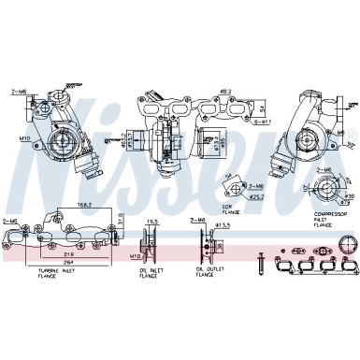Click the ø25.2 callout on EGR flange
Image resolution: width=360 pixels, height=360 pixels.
pos(254,197)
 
